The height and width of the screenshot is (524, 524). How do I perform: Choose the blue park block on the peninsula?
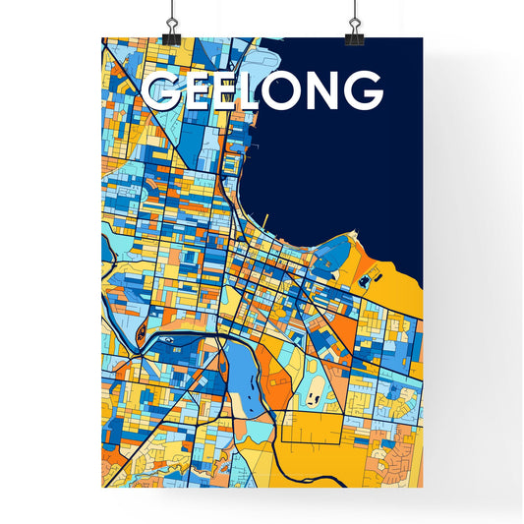(335, 253)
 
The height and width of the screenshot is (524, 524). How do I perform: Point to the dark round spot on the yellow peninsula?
(365, 281)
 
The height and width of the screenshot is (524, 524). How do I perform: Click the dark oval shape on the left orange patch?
(138, 330)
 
